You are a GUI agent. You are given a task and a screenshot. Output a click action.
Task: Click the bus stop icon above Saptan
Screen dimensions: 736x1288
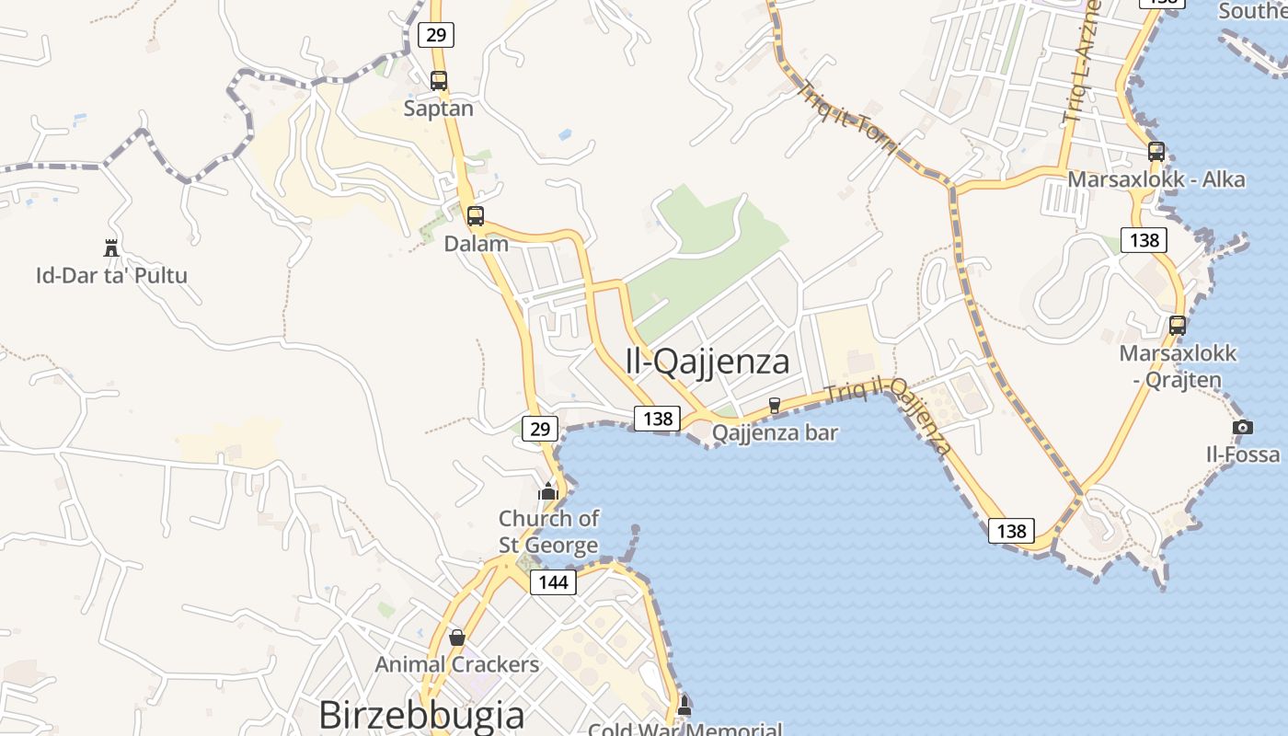coord(439,81)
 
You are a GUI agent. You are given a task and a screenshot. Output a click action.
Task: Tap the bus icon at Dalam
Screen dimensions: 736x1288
coord(475,217)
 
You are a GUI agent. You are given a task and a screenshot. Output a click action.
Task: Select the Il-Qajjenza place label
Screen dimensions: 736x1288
coord(707,362)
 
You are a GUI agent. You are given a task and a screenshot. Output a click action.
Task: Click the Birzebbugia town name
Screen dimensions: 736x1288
coord(421,715)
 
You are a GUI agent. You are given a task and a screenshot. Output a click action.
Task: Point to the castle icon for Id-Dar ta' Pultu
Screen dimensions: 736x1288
coord(111,247)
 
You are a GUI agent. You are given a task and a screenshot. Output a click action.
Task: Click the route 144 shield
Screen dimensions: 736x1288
coord(553,581)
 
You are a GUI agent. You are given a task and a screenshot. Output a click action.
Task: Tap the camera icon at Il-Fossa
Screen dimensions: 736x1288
coord(1242,427)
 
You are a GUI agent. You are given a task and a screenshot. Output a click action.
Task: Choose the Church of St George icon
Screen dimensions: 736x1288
coord(548,491)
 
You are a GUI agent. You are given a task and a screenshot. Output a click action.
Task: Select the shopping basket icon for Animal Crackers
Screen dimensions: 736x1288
coord(456,638)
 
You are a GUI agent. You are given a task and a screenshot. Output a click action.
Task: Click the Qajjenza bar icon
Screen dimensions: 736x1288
coord(774,405)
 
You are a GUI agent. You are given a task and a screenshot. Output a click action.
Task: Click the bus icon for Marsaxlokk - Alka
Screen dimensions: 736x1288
coord(1156,152)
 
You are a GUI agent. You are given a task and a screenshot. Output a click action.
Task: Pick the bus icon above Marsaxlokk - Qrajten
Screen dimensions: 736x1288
coord(1177,325)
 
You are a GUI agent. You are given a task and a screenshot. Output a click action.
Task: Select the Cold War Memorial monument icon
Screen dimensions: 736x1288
coord(684,706)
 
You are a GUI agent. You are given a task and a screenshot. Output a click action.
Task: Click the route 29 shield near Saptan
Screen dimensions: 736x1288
coord(436,35)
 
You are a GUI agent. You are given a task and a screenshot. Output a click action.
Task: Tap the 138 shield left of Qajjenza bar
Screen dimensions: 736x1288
coord(657,419)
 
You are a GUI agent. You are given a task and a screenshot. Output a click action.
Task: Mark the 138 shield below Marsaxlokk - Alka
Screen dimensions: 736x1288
coord(1144,240)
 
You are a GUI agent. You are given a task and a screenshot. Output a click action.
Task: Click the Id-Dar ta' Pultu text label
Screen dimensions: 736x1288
coord(111,275)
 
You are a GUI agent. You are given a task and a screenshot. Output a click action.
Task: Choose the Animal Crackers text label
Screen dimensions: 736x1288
coord(456,664)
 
